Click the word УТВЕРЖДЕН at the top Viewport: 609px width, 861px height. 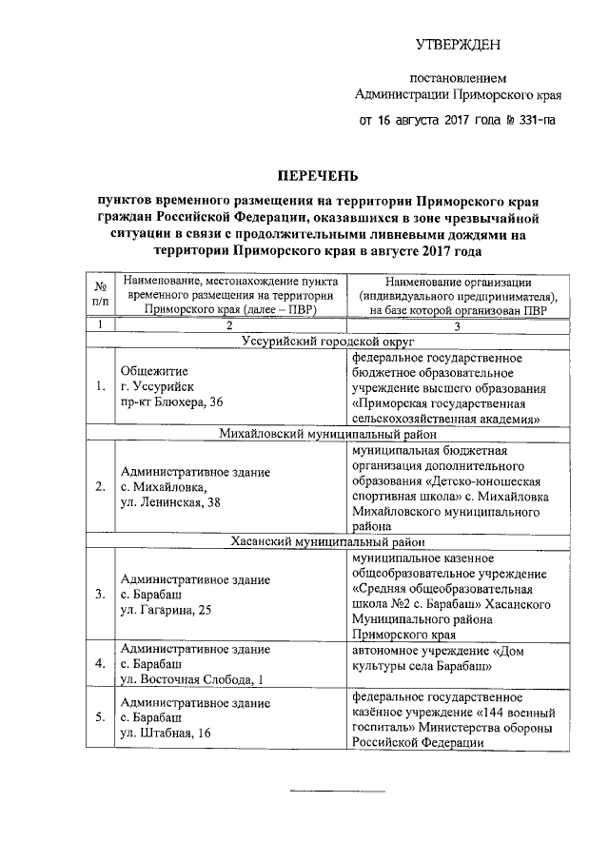pos(457,45)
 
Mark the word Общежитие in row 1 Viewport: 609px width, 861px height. pos(153,371)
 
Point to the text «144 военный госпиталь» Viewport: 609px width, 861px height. pos(476,720)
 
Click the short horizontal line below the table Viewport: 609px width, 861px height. pos(337,791)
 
